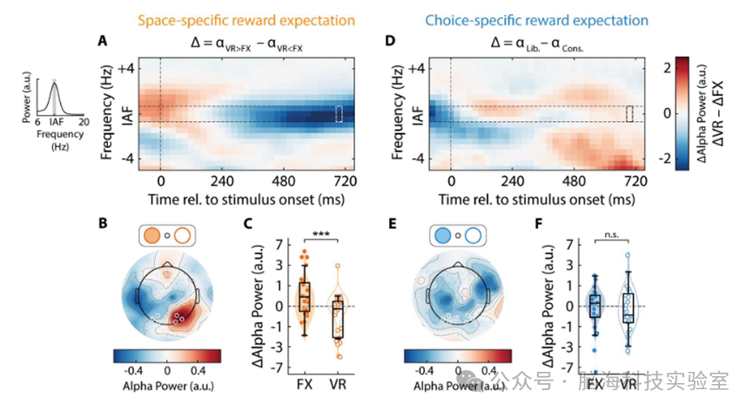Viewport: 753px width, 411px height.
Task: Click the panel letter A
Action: (104, 41)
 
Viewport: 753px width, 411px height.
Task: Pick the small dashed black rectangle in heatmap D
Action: (630, 114)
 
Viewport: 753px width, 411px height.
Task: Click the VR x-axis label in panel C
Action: (333, 383)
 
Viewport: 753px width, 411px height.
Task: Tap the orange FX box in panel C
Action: (304, 298)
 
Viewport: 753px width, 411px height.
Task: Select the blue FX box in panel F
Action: (595, 305)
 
